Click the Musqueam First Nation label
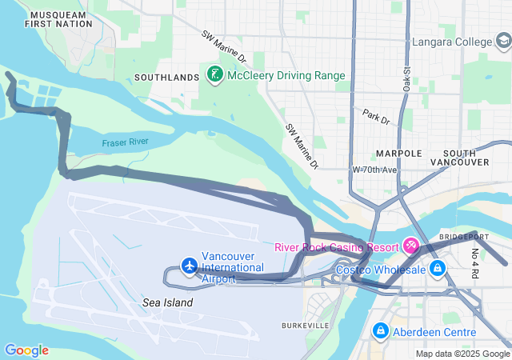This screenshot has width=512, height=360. pyautogui.click(x=58, y=19)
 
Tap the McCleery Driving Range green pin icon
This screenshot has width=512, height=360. pyautogui.click(x=214, y=75)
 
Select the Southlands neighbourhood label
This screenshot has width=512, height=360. pyautogui.click(x=166, y=78)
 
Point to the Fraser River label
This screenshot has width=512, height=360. pyautogui.click(x=125, y=142)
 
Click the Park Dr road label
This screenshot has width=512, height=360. pyautogui.click(x=375, y=117)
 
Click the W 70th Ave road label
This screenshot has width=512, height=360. pyautogui.click(x=374, y=170)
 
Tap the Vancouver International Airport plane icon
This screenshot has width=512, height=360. pyautogui.click(x=189, y=266)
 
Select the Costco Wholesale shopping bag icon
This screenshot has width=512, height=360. pyautogui.click(x=437, y=269)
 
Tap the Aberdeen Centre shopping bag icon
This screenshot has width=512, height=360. pyautogui.click(x=380, y=331)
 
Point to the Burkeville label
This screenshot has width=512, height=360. pyautogui.click(x=305, y=326)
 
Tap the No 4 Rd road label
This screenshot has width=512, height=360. pyautogui.click(x=474, y=264)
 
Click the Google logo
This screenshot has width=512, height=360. pyautogui.click(x=26, y=350)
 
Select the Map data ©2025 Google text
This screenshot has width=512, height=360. pyautogui.click(x=462, y=354)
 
